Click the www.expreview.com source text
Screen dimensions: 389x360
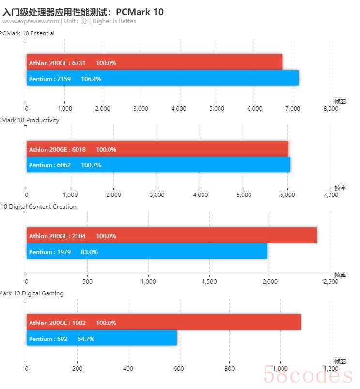31,21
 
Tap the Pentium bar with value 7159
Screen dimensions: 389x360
162,79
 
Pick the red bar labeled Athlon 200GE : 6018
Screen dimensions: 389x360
157,149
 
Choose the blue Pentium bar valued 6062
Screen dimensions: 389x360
158,165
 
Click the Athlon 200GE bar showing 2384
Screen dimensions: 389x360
172,236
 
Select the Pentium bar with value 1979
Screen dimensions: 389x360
147,252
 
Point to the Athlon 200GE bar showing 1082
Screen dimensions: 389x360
163,323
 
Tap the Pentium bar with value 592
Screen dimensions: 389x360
102,339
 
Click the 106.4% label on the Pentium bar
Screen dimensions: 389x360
91,79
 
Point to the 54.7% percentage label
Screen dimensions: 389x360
86,339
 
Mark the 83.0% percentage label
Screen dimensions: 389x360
89,252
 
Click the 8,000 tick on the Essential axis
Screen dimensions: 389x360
330,109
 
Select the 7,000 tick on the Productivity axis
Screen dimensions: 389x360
330,195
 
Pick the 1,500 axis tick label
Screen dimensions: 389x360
209,282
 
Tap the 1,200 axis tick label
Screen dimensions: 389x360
330,369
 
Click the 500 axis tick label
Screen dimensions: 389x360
87,282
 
